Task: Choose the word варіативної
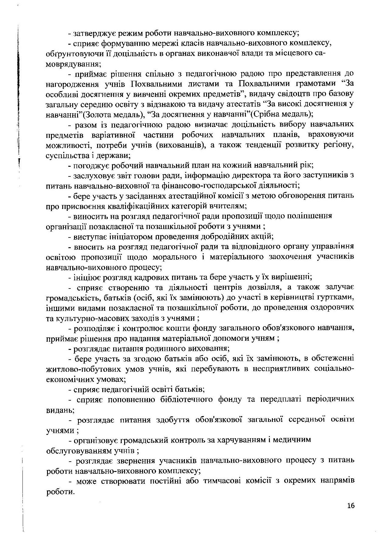pos(113,135)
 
